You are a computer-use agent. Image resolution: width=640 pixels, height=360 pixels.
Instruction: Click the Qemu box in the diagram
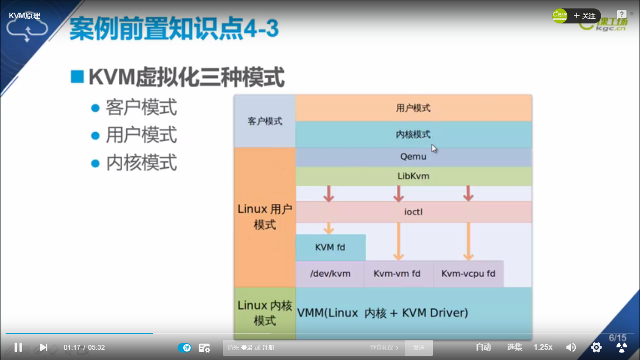tap(413, 157)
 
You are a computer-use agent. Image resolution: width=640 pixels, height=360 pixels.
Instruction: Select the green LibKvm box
tap(413, 176)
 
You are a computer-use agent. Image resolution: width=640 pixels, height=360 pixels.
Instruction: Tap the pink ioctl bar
tap(413, 212)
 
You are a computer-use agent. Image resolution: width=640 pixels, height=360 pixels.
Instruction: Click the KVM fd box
tap(330, 247)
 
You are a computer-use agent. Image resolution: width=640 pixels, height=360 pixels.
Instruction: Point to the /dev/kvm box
tap(330, 273)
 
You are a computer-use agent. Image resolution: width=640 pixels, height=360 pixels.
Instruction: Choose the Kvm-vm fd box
tap(397, 273)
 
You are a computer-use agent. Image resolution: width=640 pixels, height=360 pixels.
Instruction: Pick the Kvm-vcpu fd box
tap(468, 273)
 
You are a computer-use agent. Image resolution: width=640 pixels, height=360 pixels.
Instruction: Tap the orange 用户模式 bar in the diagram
tap(413, 108)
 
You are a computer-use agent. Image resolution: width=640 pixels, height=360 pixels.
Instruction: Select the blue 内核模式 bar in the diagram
tap(413, 135)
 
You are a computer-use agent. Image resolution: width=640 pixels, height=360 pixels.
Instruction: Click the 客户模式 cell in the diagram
tap(265, 121)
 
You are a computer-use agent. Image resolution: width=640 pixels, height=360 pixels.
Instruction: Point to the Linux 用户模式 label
tap(265, 217)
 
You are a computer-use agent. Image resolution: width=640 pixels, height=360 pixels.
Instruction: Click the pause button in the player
tap(18, 347)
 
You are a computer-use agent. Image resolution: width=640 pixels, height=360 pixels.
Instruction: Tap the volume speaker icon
tap(571, 347)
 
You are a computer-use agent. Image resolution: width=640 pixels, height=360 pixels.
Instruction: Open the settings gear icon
tap(596, 347)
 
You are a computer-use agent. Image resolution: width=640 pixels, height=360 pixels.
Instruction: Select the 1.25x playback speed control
tap(543, 347)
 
